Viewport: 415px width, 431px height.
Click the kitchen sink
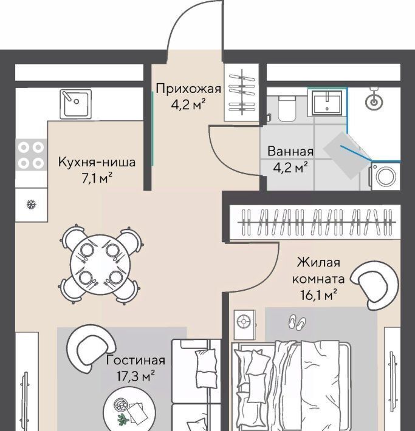pos(76,104)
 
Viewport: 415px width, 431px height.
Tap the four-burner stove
pos(31,155)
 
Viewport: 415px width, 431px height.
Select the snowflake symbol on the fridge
pos(31,205)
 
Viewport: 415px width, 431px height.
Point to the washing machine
pos(386,176)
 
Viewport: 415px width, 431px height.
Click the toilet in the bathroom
pos(287,109)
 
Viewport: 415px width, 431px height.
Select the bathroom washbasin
pos(327,103)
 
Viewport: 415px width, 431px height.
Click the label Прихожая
pos(188,89)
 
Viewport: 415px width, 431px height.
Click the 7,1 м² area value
pos(96,178)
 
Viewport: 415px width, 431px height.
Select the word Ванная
pos(290,151)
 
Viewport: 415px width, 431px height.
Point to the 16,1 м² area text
pos(318,296)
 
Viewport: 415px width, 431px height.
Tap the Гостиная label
pos(135,360)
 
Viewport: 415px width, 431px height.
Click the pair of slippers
pos(297,322)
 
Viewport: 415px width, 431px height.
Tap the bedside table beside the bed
pos(244,325)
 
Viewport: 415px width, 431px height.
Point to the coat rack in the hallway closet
pos(242,92)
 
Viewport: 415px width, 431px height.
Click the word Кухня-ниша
pos(97,162)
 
